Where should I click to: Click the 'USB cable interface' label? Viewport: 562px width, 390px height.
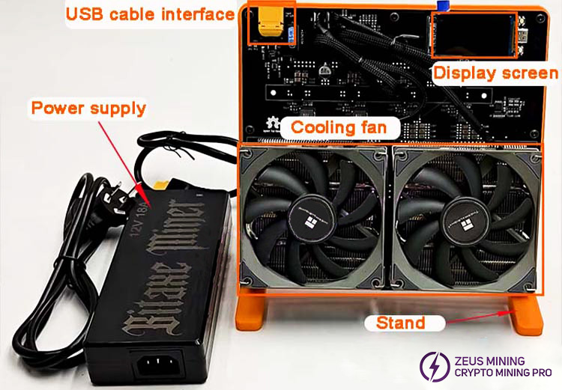tap(149, 14)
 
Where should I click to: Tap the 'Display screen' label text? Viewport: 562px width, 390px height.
tap(496, 73)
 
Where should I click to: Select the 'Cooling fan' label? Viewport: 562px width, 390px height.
tap(339, 127)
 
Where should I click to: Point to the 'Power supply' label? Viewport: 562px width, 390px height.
tap(88, 109)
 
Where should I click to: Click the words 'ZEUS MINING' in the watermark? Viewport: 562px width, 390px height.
tap(498, 360)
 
